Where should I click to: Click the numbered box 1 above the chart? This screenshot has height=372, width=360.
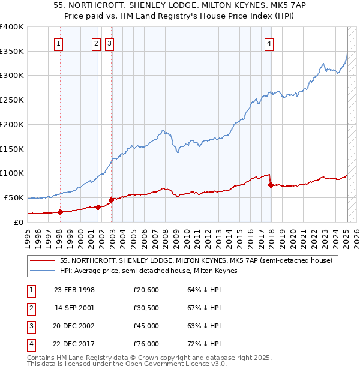59,43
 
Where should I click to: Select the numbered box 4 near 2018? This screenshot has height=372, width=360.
270,43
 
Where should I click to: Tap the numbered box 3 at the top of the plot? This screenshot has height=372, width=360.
110,43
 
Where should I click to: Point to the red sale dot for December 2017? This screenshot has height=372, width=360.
271,185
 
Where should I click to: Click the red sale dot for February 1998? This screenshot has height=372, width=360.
60,212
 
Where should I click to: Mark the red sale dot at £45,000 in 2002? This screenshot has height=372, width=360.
111,200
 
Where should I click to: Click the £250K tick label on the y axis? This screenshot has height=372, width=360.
11,100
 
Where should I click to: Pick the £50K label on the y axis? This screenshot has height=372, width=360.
14,197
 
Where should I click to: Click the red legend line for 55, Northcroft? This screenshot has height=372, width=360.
43,260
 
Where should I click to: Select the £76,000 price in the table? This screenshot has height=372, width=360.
146,344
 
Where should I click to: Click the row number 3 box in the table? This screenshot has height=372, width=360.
31,326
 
